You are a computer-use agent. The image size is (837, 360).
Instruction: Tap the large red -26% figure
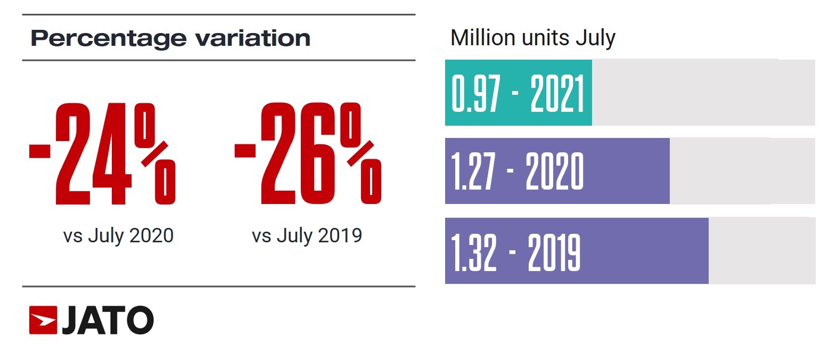tap(308, 154)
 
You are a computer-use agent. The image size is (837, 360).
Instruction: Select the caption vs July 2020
tap(118, 235)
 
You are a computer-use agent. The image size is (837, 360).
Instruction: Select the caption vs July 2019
tap(307, 235)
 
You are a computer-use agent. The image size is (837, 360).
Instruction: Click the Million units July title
tap(532, 38)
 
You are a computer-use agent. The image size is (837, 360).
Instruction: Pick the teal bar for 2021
tap(518, 93)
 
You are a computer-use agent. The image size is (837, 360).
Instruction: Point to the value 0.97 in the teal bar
tap(476, 93)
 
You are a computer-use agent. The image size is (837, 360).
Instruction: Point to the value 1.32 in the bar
tap(474, 252)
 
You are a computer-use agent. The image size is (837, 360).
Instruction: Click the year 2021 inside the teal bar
tap(557, 93)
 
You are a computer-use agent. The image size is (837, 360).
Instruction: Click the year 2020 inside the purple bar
tap(554, 171)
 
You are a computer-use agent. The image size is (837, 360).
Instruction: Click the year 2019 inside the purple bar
tap(554, 252)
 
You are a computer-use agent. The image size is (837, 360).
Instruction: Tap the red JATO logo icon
tap(43, 320)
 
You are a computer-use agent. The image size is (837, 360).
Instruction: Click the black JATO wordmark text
tap(108, 321)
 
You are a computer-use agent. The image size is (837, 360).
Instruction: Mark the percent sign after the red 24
tap(155, 154)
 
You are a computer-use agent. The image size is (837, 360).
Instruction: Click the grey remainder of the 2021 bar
tap(703, 93)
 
